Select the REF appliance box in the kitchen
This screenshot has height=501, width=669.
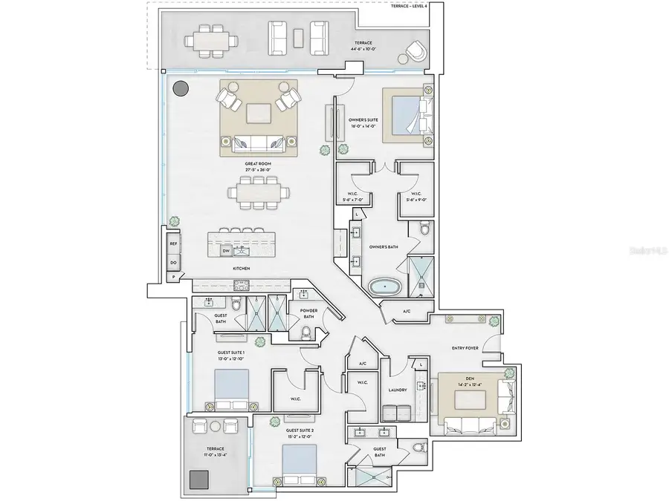172,243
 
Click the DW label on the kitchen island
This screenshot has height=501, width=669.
226,251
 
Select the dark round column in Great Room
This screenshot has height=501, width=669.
180,89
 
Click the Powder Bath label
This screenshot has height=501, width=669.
308,314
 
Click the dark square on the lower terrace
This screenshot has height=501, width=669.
198,480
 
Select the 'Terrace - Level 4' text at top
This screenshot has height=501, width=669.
404,6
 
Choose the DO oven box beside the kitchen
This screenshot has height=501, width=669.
172,262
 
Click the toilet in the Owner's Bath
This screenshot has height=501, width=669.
424,229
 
